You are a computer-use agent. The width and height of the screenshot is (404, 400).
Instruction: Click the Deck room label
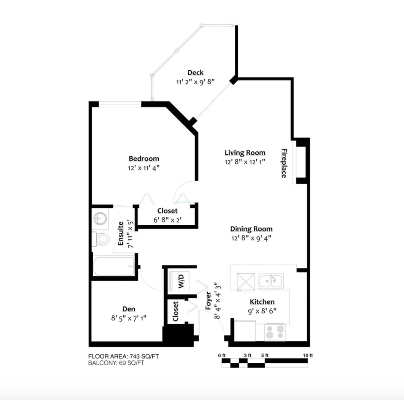tap(195, 72)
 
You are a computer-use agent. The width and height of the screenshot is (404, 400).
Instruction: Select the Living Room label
tap(245, 153)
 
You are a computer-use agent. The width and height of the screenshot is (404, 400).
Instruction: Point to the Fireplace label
tap(284, 163)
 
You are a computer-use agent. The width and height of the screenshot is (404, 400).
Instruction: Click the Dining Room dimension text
tap(251, 238)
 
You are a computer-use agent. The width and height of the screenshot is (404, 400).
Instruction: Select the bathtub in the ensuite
tap(114, 266)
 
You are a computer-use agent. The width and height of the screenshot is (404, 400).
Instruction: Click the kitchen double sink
tap(271, 281)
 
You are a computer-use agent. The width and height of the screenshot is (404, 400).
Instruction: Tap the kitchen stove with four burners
tap(275, 332)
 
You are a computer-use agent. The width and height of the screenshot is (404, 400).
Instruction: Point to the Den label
tap(129, 309)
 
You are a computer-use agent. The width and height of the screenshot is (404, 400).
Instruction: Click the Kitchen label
tap(262, 302)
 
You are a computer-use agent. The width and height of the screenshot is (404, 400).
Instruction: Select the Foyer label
tap(208, 301)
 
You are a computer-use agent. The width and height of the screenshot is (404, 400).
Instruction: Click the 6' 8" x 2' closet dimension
tap(167, 220)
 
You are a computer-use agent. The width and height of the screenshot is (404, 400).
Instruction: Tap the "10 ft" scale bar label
tap(308, 356)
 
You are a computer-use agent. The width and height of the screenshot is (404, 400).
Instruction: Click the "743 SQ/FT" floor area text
tap(144, 356)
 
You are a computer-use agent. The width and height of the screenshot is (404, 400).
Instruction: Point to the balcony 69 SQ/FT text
tap(116, 363)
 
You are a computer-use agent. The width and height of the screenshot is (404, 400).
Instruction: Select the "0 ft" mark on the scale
tap(222, 356)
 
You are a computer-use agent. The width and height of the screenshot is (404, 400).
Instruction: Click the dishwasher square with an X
tap(245, 282)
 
